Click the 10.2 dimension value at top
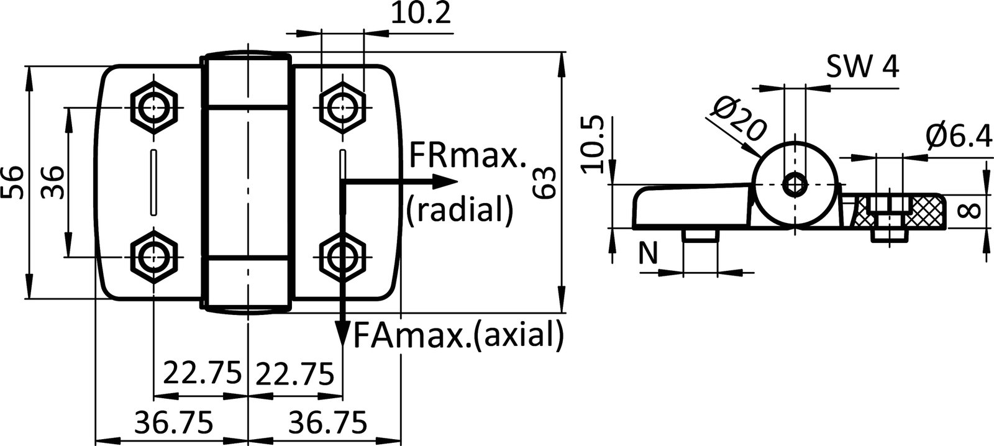click(420, 14)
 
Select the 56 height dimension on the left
click(14, 182)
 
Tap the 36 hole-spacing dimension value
click(52, 182)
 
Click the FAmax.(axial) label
click(458, 336)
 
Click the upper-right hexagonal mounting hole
click(341, 107)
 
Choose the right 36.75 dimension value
click(327, 424)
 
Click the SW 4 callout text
click(862, 67)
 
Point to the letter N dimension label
click(648, 253)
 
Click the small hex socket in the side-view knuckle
click(795, 184)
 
